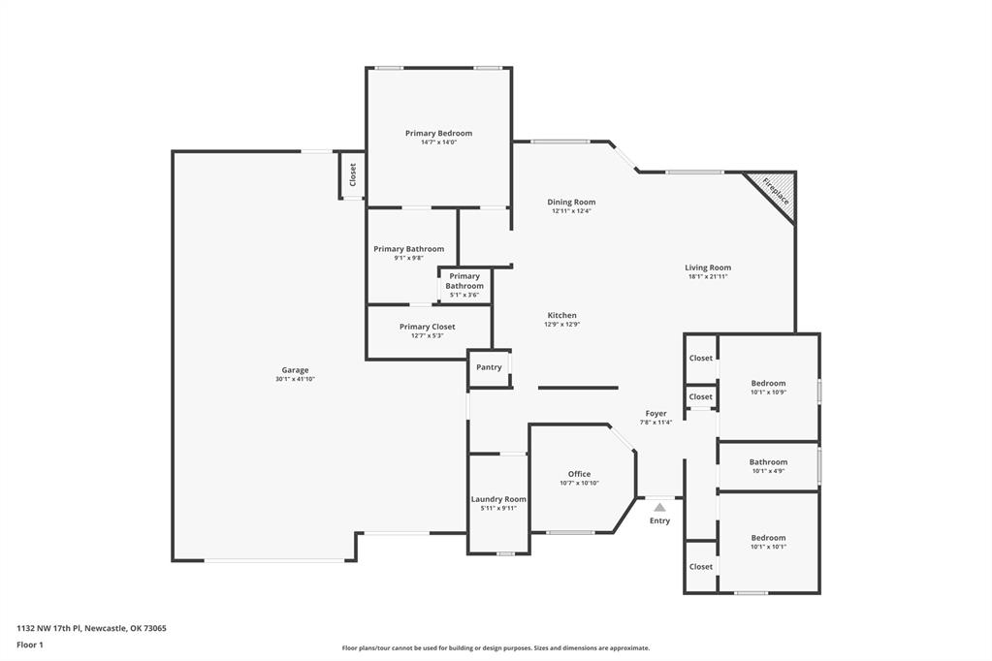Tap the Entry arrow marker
click(659, 507)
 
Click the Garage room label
click(295, 370)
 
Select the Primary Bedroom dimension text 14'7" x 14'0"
click(438, 142)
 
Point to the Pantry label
click(489, 367)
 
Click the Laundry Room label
click(498, 499)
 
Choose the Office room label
click(579, 474)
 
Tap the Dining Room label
click(571, 202)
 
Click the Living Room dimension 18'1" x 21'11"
click(707, 277)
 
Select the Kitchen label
click(561, 315)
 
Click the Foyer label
click(656, 413)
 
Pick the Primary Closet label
click(427, 327)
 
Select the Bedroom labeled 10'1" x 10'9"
click(768, 388)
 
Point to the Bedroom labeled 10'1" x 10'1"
click(768, 542)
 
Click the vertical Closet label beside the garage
click(353, 175)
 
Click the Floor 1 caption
click(30, 645)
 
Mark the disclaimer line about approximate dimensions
click(496, 648)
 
